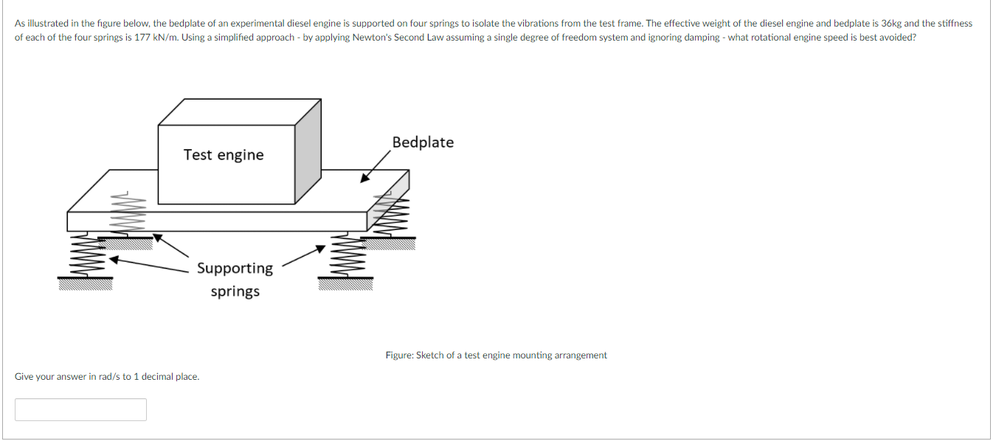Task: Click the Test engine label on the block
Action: point(224,155)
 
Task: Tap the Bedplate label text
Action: point(423,142)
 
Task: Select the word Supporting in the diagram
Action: point(235,268)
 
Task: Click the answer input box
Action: point(80,409)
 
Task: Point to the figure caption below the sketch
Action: point(496,355)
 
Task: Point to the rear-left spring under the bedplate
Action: point(125,214)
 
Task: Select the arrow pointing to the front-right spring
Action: point(302,255)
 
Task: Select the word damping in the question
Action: point(700,37)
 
